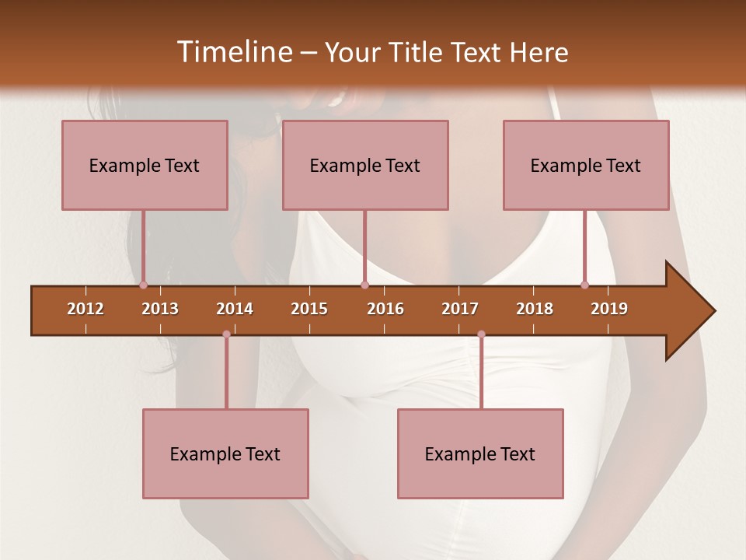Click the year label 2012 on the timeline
coord(85,309)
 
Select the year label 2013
coord(160,309)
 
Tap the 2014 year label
coord(235,309)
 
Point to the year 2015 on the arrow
coord(309,309)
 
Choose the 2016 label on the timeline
coord(385,309)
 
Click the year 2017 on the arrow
coord(460,309)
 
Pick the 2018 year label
coord(535,309)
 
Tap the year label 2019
coord(609,309)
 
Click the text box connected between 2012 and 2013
coord(145,165)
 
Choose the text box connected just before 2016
coord(365,165)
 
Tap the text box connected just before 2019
coord(586,165)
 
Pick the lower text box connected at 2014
coord(225,453)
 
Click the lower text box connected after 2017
coord(480,453)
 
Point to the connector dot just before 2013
coord(143,285)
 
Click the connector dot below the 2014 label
coord(226,334)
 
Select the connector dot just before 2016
coord(364,285)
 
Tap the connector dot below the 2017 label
coord(481,334)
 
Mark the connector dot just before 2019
coord(584,285)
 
